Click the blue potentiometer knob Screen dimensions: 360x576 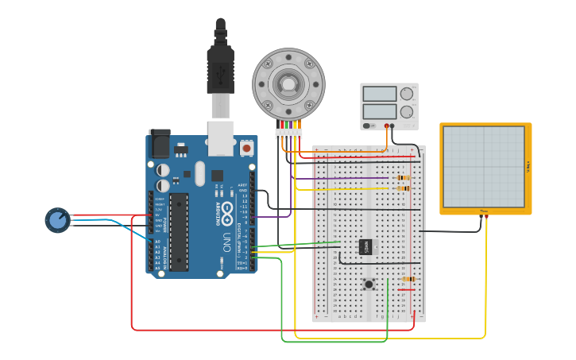pyautogui.click(x=58, y=220)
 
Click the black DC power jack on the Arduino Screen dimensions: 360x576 pyautogui.click(x=160, y=143)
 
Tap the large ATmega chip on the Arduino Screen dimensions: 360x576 pyautogui.click(x=179, y=231)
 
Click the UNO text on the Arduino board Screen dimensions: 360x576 pyautogui.click(x=226, y=238)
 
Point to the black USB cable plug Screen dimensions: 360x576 pyautogui.click(x=220, y=68)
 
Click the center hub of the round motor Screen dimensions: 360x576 pyautogui.click(x=288, y=83)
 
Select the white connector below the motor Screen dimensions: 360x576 pyautogui.click(x=289, y=134)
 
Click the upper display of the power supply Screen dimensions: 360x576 pyautogui.click(x=379, y=94)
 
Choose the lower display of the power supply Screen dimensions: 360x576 pyautogui.click(x=379, y=112)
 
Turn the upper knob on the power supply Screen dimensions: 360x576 pyautogui.click(x=407, y=94)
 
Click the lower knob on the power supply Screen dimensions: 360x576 pyautogui.click(x=407, y=112)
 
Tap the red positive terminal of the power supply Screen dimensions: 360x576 pyautogui.click(x=387, y=126)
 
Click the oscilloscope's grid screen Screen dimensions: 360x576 pyautogui.click(x=484, y=166)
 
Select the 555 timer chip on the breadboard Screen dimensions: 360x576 pyautogui.click(x=365, y=247)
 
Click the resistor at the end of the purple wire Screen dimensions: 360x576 pyautogui.click(x=404, y=178)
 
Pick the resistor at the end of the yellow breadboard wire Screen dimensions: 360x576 pyautogui.click(x=404, y=188)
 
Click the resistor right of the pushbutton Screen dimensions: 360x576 pyautogui.click(x=408, y=279)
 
